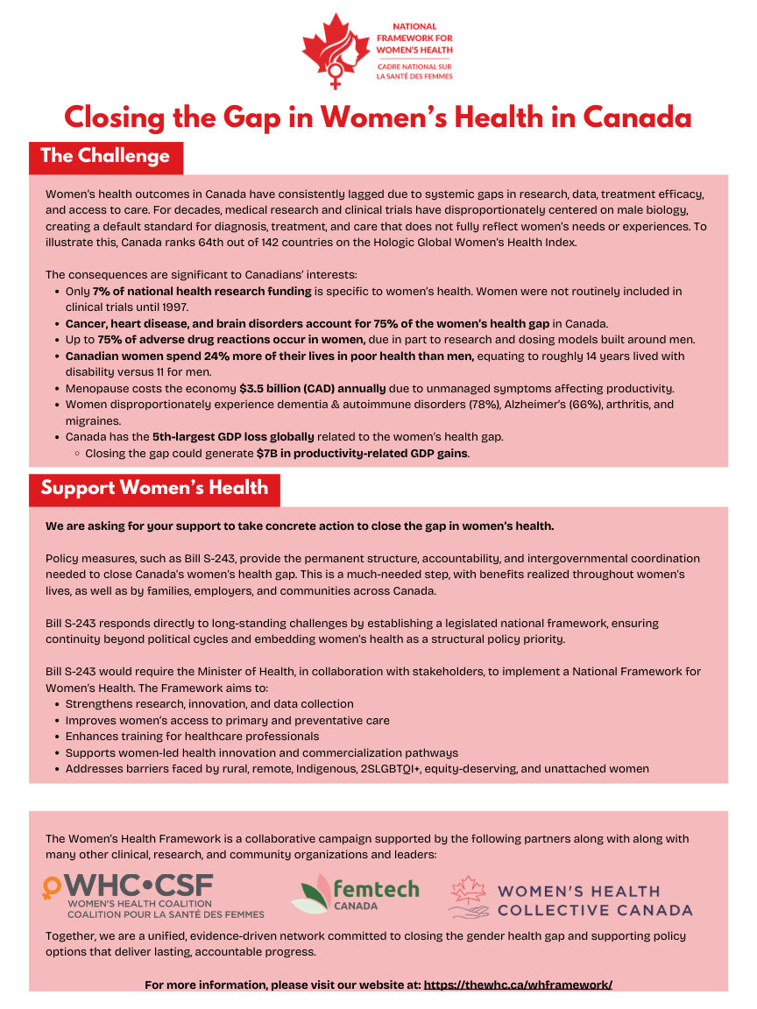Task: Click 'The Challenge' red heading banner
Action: [x=105, y=157]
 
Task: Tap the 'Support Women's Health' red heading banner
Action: [x=154, y=488]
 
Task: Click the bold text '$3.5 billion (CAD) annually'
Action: [x=312, y=388]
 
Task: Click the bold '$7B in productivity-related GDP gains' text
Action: [x=363, y=453]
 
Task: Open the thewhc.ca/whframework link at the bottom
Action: [x=518, y=984]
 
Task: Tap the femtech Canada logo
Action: [x=356, y=895]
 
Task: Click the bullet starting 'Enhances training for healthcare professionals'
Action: [x=192, y=736]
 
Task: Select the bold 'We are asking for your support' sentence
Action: [x=300, y=526]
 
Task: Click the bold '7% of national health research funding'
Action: [x=202, y=291]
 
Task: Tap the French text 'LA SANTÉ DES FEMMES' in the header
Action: [x=414, y=75]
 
